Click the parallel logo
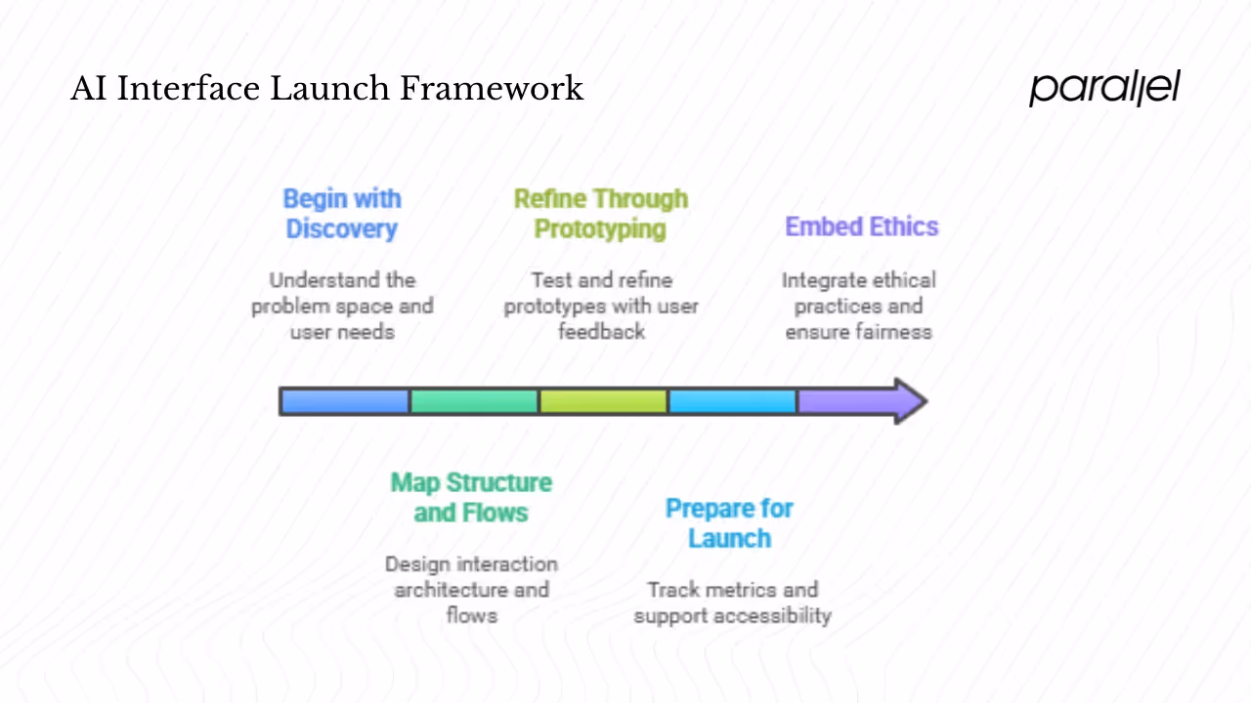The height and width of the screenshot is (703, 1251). coord(1104,88)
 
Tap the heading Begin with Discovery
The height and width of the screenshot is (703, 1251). coord(342,214)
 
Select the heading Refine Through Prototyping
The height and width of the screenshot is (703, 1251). coord(601,214)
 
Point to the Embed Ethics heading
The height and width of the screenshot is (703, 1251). coord(861,227)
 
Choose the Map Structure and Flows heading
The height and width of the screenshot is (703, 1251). coord(471,497)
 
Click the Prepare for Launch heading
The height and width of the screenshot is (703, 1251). coord(729,523)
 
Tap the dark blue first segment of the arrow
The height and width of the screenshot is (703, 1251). coord(344,401)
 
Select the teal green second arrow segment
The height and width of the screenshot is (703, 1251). coord(474,401)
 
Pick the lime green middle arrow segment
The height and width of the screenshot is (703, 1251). coord(603,401)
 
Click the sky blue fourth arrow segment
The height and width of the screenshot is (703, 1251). coord(732,401)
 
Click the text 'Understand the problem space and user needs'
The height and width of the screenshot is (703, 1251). coord(342,306)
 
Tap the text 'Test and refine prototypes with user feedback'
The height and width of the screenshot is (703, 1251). coord(601,306)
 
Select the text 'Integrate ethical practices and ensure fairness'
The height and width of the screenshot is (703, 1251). coord(858,306)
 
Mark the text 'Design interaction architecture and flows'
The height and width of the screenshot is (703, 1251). coord(471,589)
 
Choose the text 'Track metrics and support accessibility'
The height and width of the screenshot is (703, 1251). coord(732,602)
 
